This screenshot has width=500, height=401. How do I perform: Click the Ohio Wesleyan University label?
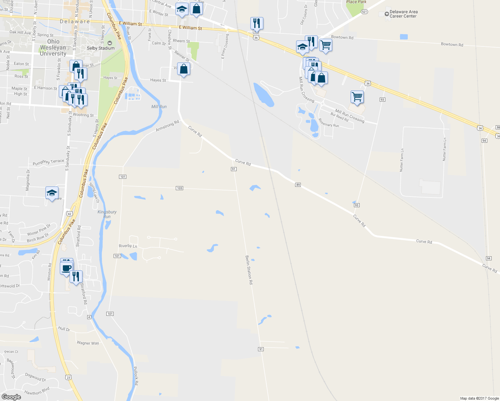[x=53, y=47]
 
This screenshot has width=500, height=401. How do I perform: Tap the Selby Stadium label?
[x=101, y=48]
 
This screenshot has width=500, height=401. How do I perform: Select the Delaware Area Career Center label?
[x=403, y=14]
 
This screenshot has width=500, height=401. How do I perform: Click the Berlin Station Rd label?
[x=249, y=270]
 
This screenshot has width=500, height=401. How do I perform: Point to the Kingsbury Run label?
[x=107, y=214]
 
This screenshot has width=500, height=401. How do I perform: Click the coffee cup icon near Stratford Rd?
[x=67, y=268]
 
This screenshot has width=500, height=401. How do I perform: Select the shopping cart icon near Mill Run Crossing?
[x=357, y=97]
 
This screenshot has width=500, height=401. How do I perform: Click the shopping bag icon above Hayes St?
[x=183, y=69]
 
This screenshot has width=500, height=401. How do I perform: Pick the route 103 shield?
[x=179, y=188]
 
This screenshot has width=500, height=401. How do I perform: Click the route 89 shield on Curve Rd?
[x=298, y=185]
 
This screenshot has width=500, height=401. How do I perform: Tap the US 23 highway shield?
[x=69, y=377]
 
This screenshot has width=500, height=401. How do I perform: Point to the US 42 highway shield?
[x=69, y=214]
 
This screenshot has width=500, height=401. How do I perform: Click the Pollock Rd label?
[x=136, y=376]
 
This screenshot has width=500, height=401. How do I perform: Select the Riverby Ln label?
[x=128, y=246]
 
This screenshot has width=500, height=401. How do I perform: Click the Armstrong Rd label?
[x=167, y=126]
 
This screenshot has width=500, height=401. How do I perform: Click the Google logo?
[x=11, y=397]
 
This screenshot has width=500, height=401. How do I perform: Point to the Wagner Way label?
[x=88, y=343]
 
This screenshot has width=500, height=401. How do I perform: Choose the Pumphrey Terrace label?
[x=48, y=162]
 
